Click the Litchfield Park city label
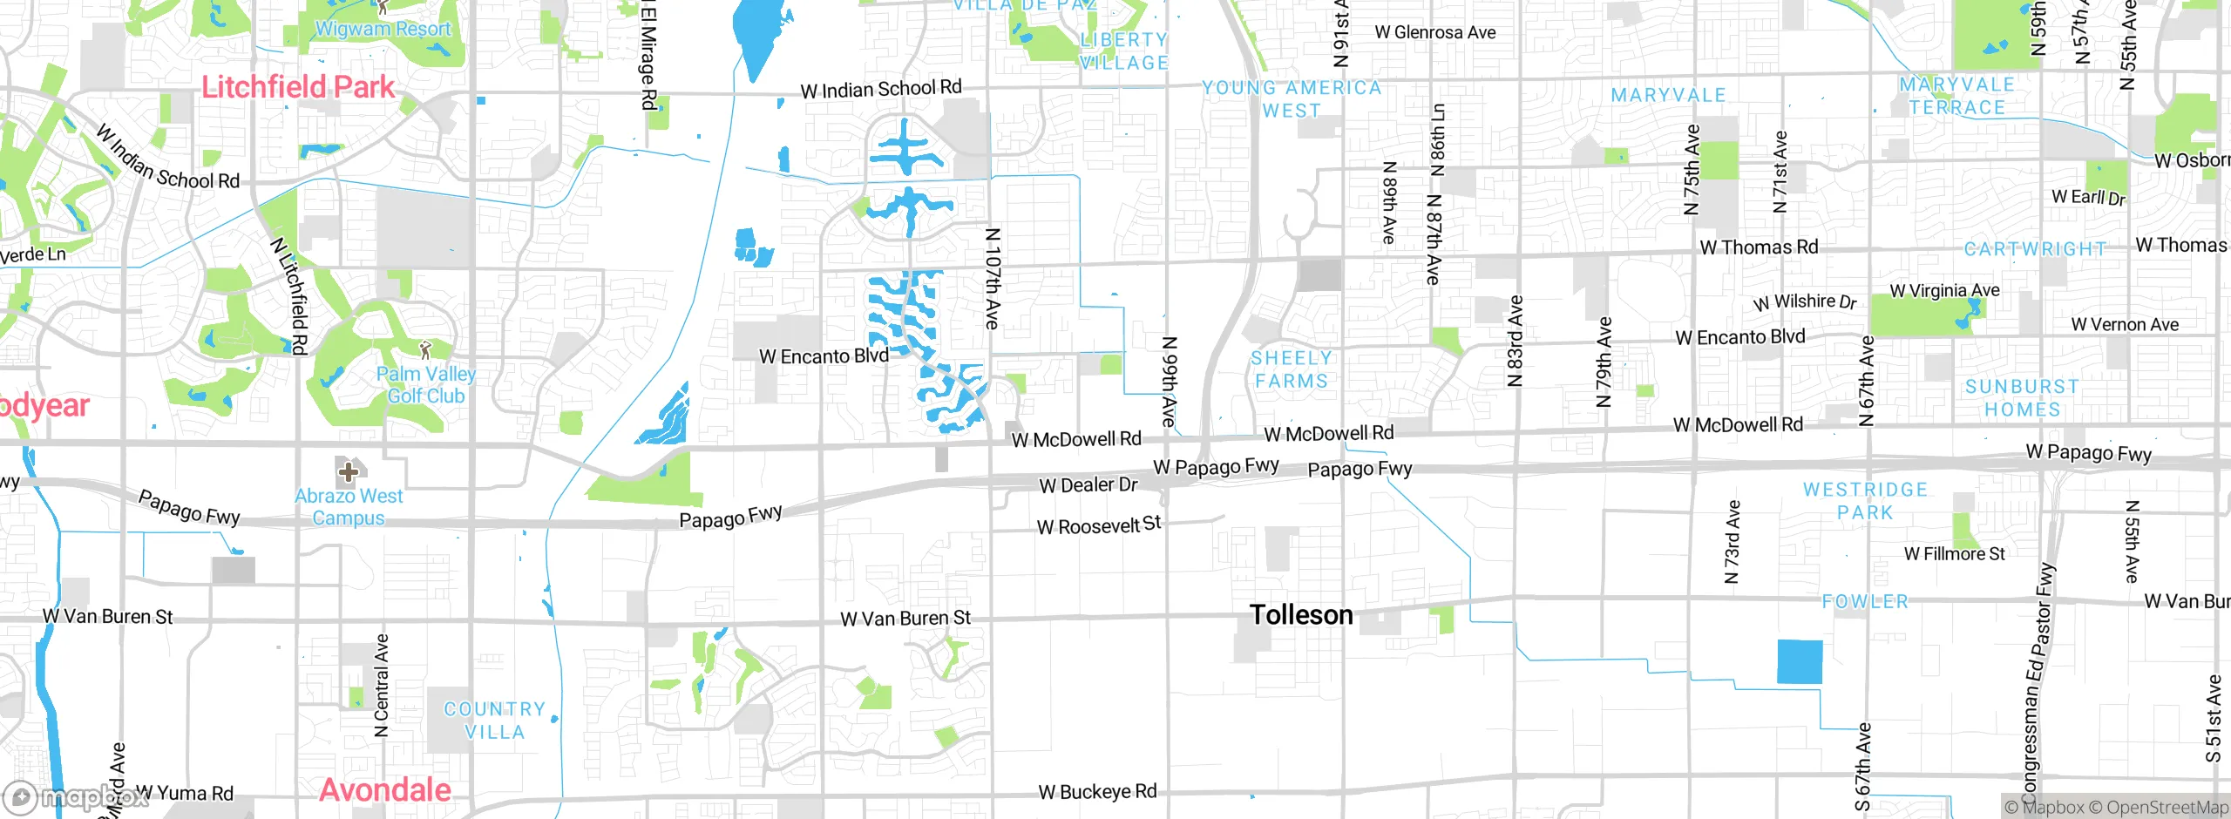click(298, 87)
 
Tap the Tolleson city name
click(1301, 615)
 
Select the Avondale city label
click(385, 790)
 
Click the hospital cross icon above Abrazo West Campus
click(349, 472)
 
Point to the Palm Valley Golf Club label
click(426, 384)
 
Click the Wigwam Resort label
click(383, 29)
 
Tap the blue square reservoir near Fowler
click(1800, 662)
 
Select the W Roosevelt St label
click(1099, 525)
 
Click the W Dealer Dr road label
click(1088, 484)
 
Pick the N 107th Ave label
click(992, 279)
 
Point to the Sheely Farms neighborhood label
click(1291, 369)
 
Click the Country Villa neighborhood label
click(495, 721)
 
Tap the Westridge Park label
click(1865, 501)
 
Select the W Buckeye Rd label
click(1097, 792)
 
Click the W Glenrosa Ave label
click(1435, 32)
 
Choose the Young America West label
click(1292, 98)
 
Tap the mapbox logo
click(74, 797)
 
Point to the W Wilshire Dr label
click(1805, 301)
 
